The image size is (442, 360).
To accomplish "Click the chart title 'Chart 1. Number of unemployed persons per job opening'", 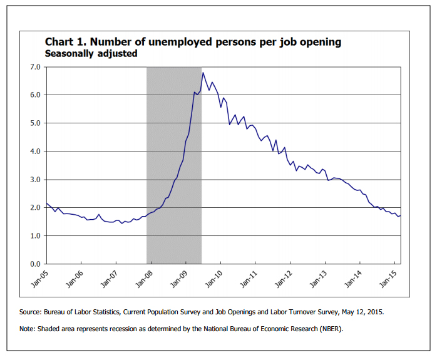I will point(193,42).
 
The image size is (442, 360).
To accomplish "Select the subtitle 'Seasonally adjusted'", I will point(91,54).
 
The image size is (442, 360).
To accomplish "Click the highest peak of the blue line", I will point(203,73).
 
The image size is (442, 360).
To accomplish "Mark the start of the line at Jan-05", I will point(46,203).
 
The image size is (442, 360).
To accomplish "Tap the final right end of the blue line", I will point(401,215).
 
